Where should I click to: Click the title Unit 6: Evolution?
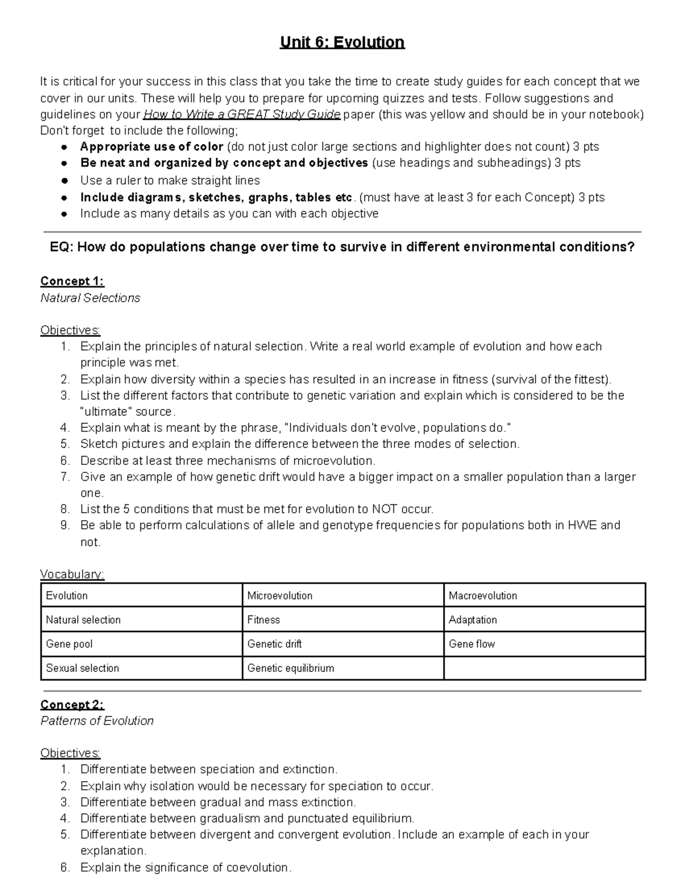342,43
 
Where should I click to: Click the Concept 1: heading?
72,281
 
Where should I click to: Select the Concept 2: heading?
72,705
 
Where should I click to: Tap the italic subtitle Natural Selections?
90,298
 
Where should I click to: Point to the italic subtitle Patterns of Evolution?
97,721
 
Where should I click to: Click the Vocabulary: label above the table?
72,575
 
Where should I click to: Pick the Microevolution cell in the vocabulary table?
280,596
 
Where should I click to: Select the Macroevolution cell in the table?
483,596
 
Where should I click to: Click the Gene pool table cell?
69,644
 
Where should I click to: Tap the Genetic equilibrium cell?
291,668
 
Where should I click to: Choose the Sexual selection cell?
82,668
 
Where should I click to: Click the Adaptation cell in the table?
473,620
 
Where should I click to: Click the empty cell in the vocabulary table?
544,668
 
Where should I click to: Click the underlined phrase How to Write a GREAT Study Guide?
241,114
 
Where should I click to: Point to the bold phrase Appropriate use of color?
152,147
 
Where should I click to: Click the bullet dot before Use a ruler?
65,181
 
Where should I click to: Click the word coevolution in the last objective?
257,868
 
